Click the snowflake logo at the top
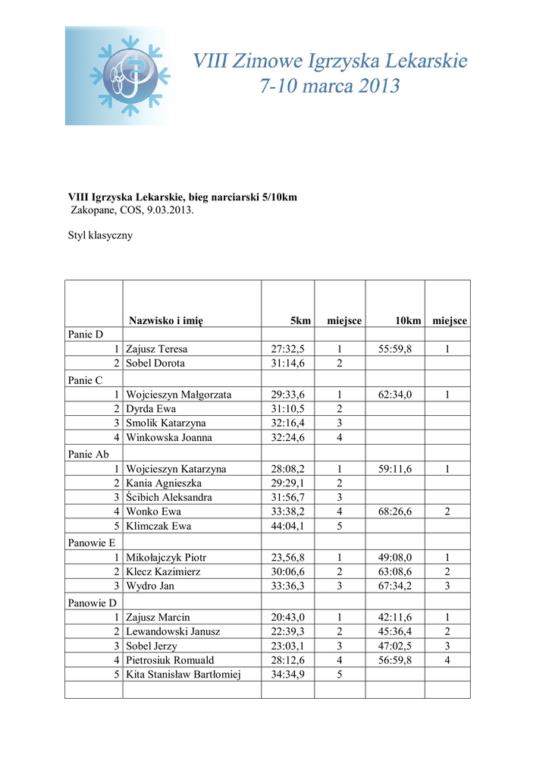click(129, 76)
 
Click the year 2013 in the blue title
click(369, 87)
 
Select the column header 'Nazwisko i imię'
click(165, 321)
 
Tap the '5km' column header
click(301, 321)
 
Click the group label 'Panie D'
click(85, 335)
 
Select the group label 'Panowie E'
click(92, 543)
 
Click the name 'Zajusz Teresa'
click(156, 349)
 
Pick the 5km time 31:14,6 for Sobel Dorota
click(287, 363)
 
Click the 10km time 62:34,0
click(395, 395)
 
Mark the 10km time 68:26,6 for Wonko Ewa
click(395, 511)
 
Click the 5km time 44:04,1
click(287, 526)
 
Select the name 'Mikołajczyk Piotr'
click(166, 557)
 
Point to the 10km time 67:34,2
click(395, 586)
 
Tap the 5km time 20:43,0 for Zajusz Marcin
click(287, 617)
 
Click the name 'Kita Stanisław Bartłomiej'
click(183, 675)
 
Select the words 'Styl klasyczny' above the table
click(101, 235)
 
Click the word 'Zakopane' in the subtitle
click(93, 210)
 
